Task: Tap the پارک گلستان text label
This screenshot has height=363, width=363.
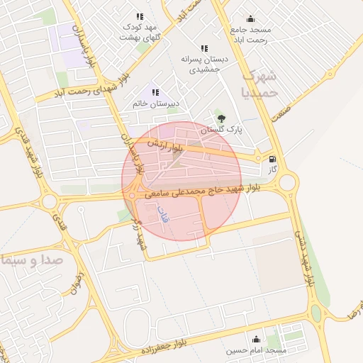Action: pyautogui.click(x=220, y=130)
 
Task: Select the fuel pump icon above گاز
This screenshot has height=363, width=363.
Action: pyautogui.click(x=274, y=160)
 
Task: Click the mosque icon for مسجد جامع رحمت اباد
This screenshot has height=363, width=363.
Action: pyautogui.click(x=250, y=19)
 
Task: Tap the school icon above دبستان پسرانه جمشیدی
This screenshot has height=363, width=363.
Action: pyautogui.click(x=204, y=48)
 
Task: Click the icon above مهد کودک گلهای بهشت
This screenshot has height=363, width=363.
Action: pyautogui.click(x=140, y=16)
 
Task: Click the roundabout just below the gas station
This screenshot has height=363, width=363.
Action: pyautogui.click(x=286, y=184)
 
